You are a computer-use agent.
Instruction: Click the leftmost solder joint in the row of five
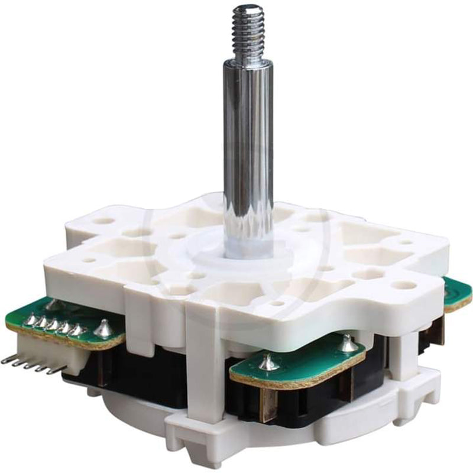click(28, 320)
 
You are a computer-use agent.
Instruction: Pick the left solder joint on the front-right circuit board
click(268, 362)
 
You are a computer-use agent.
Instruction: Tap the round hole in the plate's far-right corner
click(407, 285)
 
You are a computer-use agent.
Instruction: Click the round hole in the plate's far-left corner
click(104, 221)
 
